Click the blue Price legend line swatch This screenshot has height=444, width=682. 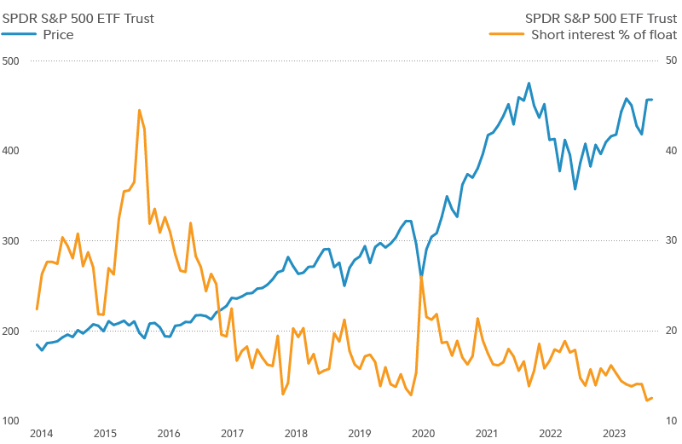click(x=20, y=35)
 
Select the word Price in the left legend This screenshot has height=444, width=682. click(x=58, y=35)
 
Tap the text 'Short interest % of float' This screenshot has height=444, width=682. click(x=604, y=35)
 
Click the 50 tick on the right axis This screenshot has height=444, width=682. click(x=671, y=61)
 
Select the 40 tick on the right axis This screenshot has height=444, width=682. click(x=671, y=151)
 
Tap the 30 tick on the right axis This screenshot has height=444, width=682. click(x=671, y=240)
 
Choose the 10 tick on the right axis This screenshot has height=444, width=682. click(x=671, y=420)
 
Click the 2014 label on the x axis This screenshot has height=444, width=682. click(x=41, y=434)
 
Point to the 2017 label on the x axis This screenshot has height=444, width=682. click(x=232, y=434)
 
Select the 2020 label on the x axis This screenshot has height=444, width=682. click(x=424, y=434)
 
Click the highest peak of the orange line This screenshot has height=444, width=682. click(x=139, y=110)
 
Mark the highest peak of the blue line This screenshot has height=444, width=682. click(x=529, y=84)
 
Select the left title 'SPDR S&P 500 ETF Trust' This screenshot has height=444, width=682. click(x=78, y=18)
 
